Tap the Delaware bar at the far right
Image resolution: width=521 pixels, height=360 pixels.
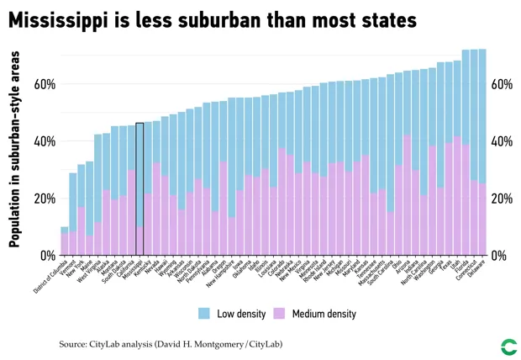click(x=482, y=151)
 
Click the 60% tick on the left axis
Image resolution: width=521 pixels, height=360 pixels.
click(x=45, y=84)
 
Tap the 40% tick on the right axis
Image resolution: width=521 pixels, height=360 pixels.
click(x=502, y=141)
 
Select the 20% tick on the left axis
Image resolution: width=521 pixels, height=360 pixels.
click(x=45, y=199)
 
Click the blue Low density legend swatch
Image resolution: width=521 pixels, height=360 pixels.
click(x=204, y=314)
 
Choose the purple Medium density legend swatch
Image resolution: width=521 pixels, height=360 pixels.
click(x=280, y=314)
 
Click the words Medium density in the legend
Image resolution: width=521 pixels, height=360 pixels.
click(x=324, y=314)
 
